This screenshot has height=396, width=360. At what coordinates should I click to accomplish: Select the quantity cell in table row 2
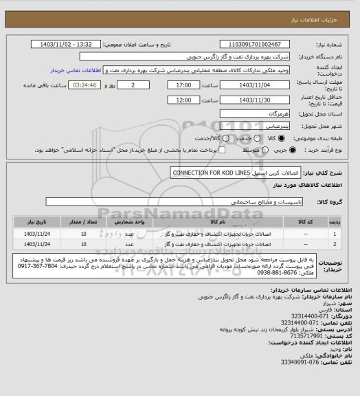[x=83, y=243]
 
